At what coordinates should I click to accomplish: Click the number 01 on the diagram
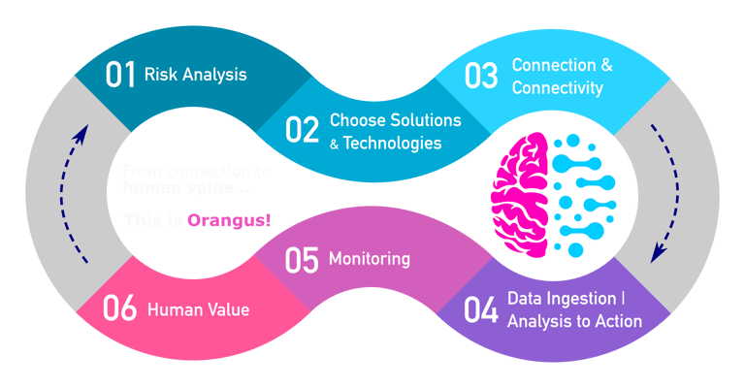pyautogui.click(x=120, y=75)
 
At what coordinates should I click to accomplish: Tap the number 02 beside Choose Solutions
pyautogui.click(x=302, y=130)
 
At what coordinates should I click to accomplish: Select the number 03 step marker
pyautogui.click(x=480, y=77)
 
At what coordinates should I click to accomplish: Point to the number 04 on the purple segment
pyautogui.click(x=481, y=309)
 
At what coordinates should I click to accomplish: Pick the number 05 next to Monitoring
pyautogui.click(x=303, y=260)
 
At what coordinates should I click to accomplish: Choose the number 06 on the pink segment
pyautogui.click(x=119, y=309)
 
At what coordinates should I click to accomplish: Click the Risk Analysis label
pyautogui.click(x=195, y=74)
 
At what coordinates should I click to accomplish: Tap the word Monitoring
pyautogui.click(x=370, y=260)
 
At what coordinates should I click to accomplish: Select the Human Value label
pyautogui.click(x=198, y=310)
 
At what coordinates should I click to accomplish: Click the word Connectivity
pyautogui.click(x=557, y=88)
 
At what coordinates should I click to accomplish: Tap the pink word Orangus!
pyautogui.click(x=229, y=221)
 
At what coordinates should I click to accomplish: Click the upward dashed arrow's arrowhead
pyautogui.click(x=83, y=132)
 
